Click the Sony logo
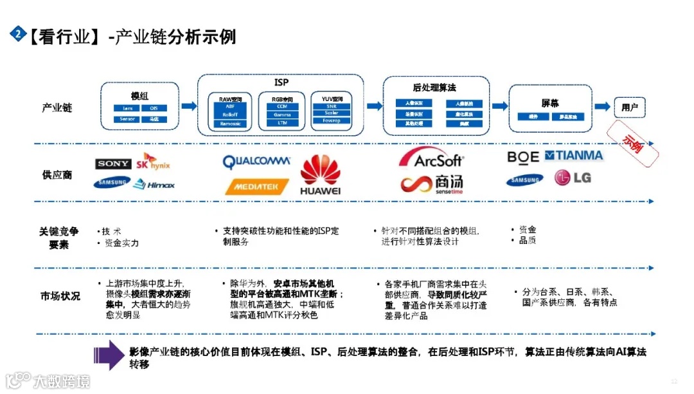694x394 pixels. tap(114, 164)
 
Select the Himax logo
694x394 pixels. tap(154, 185)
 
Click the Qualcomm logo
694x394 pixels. tap(256, 161)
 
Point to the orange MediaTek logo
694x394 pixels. tap(256, 187)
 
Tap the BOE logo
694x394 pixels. tap(523, 156)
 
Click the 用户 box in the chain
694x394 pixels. tap(630, 108)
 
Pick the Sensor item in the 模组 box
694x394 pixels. tap(126, 119)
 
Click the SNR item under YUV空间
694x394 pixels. tap(332, 106)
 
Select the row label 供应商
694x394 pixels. tap(57, 174)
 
